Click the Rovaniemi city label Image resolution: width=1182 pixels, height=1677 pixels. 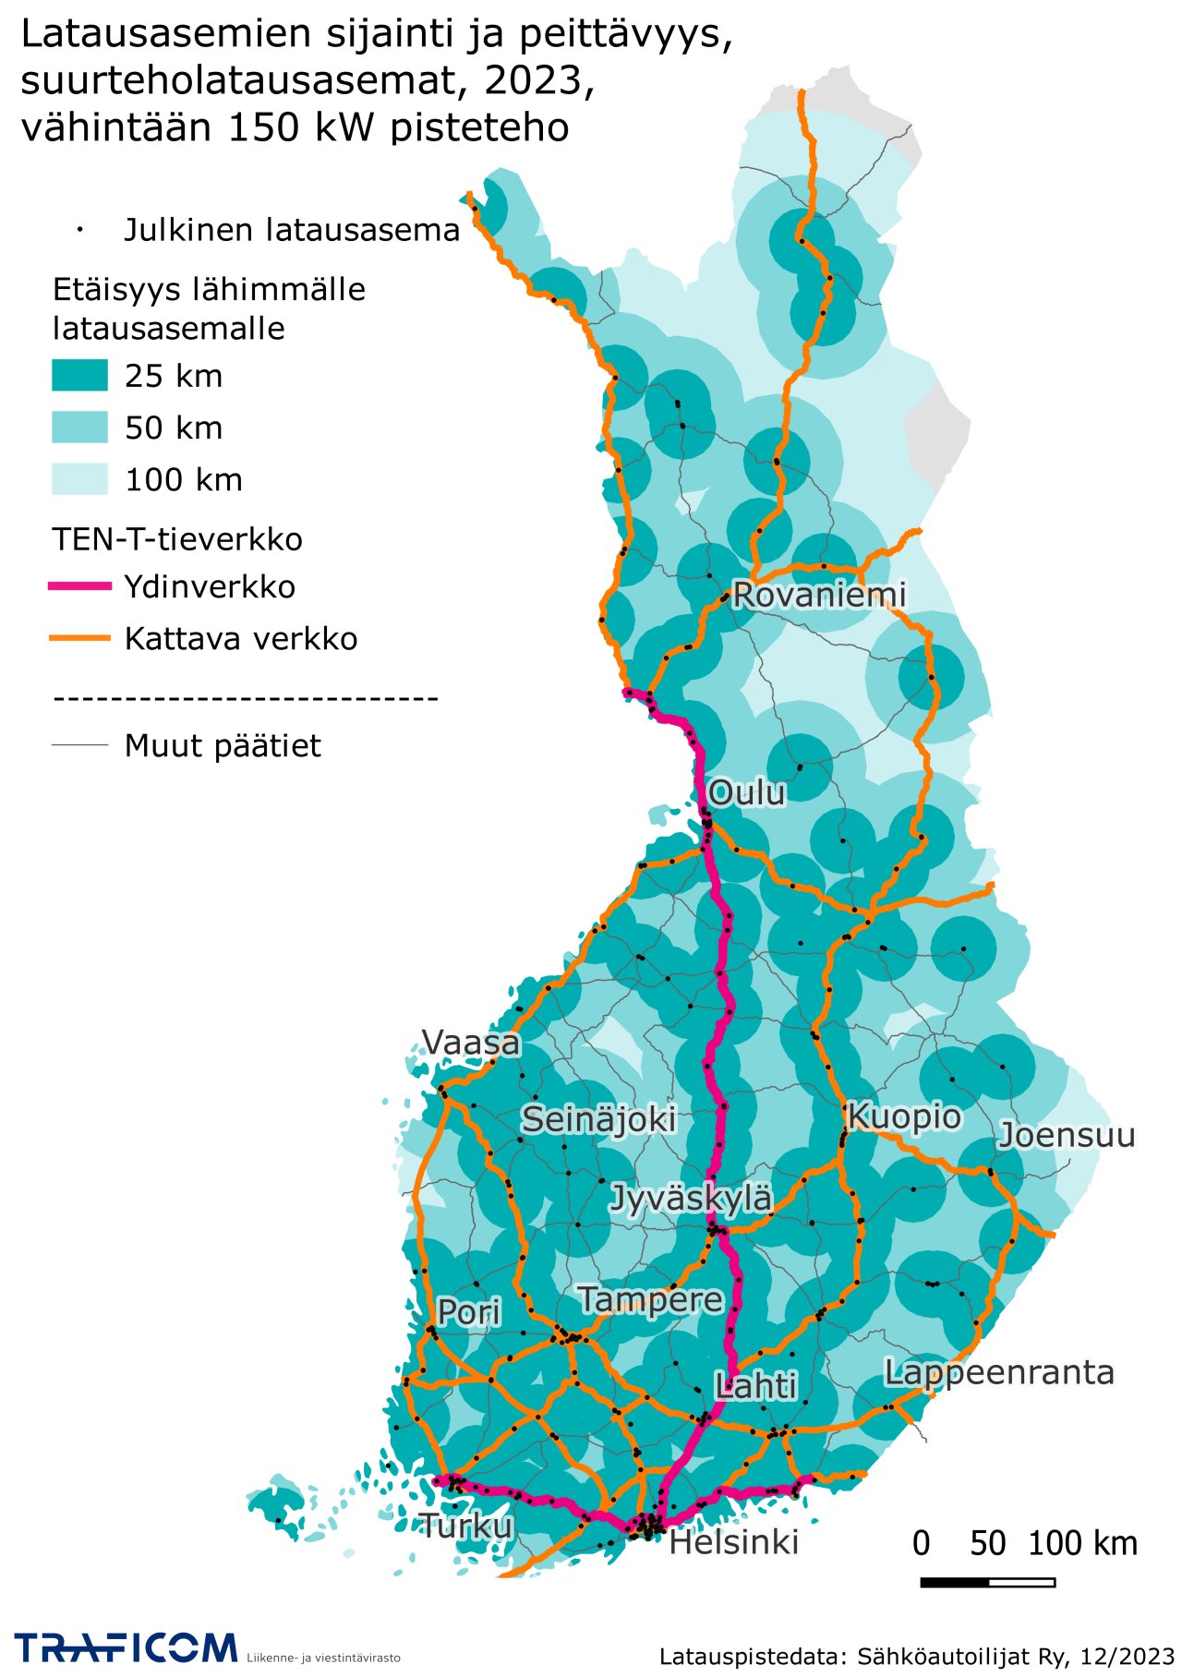[x=819, y=595]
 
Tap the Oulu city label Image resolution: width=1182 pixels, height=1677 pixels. [x=746, y=792]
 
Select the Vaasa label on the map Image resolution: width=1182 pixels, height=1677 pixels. [x=471, y=1043]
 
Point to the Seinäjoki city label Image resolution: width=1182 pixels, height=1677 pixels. [x=598, y=1119]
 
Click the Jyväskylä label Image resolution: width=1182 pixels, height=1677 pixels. [x=691, y=1199]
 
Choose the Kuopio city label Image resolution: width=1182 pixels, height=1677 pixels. [x=904, y=1116]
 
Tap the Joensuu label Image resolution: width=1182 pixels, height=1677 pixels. [x=1067, y=1135]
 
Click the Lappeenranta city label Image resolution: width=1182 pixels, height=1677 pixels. [x=999, y=1372]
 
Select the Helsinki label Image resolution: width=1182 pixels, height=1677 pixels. [x=733, y=1542]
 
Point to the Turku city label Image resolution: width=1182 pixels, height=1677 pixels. [x=466, y=1526]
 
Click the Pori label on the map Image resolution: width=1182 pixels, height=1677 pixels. [x=468, y=1311]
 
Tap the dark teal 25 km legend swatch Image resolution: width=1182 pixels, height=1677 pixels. [x=79, y=376]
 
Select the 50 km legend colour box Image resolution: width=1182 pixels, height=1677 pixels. [x=79, y=428]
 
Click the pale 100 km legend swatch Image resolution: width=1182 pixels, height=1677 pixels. [x=79, y=479]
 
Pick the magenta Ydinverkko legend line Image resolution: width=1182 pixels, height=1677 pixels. [x=79, y=586]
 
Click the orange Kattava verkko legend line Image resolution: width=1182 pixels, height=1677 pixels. [x=79, y=638]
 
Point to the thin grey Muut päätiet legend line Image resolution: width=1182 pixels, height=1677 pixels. [x=79, y=745]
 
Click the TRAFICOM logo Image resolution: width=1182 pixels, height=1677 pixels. [x=126, y=1647]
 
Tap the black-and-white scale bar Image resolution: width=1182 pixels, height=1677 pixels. [x=987, y=1583]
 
